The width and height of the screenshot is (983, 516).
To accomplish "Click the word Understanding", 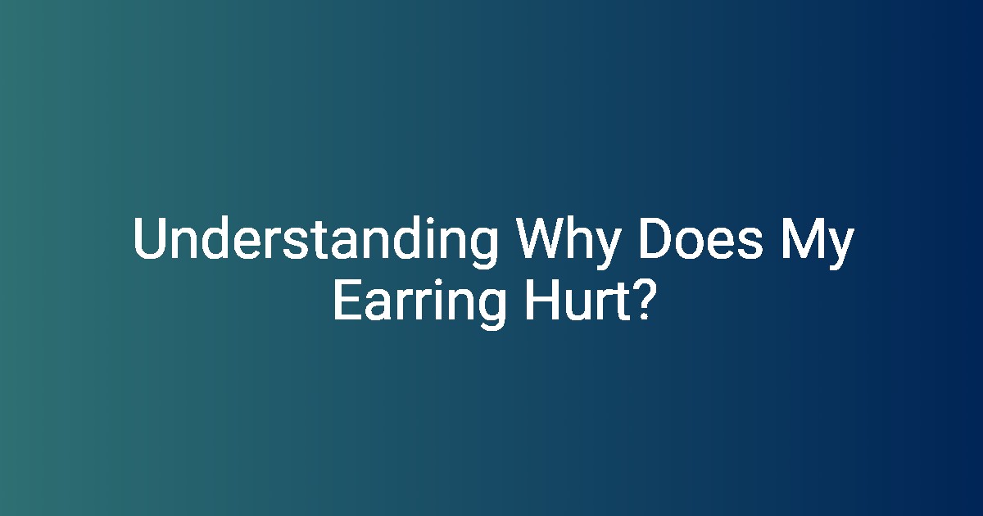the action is (315, 242).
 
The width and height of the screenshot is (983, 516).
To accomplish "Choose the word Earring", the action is (419, 304).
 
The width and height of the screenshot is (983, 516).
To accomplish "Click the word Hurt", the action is (578, 300).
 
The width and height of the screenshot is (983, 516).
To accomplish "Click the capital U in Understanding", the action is (149, 238).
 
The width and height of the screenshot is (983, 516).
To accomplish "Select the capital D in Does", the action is (655, 238).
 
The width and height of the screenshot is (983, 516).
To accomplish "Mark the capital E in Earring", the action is (347, 299).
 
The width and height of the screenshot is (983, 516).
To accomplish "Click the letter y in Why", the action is (606, 249).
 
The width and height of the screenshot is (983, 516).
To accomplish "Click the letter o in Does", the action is (689, 243).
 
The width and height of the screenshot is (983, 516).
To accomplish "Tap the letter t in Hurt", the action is (623, 301).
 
